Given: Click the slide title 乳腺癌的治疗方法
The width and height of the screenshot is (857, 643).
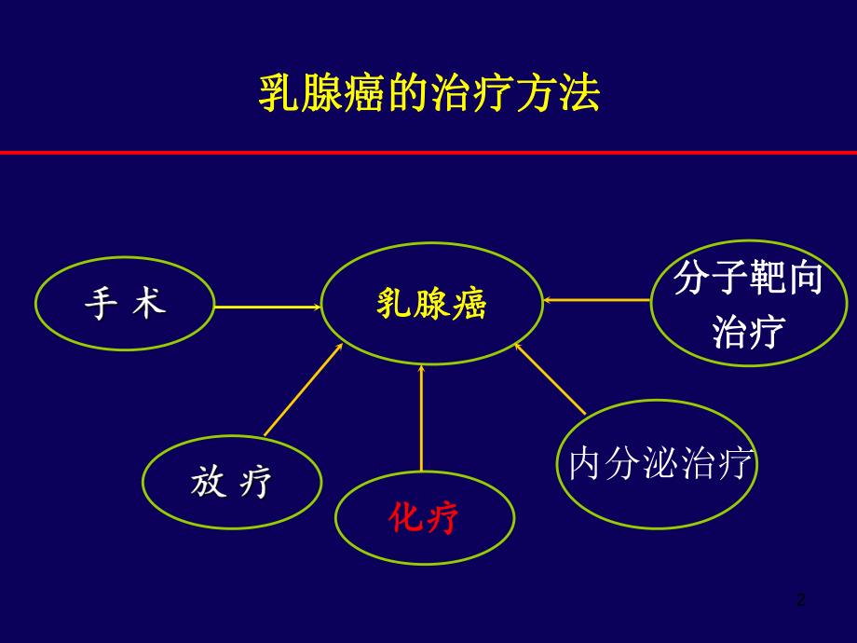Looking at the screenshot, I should (x=428, y=94).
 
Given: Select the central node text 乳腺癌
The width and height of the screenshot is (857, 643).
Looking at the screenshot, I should (x=431, y=304).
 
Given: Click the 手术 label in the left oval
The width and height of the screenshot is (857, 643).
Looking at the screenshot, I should (x=125, y=304).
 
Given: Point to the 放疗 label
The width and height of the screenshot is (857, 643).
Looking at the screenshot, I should (x=231, y=482).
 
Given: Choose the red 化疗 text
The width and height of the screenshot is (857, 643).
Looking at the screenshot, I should (x=424, y=518).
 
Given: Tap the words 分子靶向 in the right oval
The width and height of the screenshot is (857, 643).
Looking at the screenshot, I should (x=748, y=278).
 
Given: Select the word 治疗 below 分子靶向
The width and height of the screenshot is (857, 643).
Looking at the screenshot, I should (x=748, y=331).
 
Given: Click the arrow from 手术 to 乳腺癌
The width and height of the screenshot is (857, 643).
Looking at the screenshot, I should (x=266, y=306).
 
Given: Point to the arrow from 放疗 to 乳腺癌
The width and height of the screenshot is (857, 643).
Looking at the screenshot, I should (x=304, y=390).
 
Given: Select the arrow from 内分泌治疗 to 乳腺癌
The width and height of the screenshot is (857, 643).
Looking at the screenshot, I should (x=550, y=378).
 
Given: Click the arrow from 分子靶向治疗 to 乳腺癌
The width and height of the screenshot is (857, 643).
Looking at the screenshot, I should (x=596, y=300).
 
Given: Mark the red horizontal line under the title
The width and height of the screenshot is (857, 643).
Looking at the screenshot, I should (x=428, y=152).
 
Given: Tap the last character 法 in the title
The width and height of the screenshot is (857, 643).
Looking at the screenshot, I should (x=580, y=94).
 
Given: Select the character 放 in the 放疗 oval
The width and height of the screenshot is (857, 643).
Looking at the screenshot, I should (x=207, y=482).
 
